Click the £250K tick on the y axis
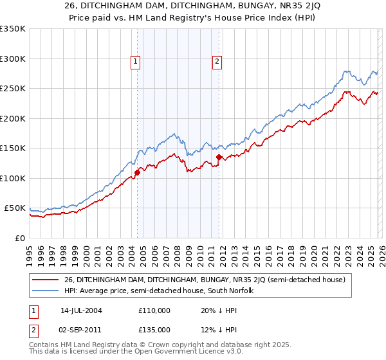tap(13, 89)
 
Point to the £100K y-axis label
tap(13, 178)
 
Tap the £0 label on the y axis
tap(20, 238)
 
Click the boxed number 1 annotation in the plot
tap(136, 62)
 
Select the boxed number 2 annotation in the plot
tap(217, 62)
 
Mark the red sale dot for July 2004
tap(137, 172)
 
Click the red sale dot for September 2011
tap(219, 157)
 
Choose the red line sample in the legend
tap(46, 280)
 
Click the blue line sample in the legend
tap(46, 291)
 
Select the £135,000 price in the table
tap(154, 330)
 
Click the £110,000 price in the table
tap(154, 310)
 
